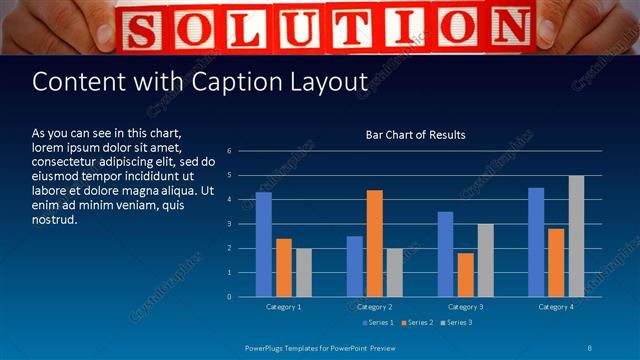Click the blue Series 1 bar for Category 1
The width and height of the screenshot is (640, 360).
tap(264, 244)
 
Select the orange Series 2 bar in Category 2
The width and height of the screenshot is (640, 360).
tap(375, 243)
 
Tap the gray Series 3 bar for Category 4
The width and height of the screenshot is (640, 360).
tap(577, 236)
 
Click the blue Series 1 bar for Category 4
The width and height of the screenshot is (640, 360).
tap(536, 242)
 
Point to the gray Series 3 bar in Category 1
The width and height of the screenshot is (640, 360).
tap(304, 272)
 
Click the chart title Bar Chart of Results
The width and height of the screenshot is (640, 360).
tap(415, 134)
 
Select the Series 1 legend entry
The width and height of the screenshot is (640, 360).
tap(379, 322)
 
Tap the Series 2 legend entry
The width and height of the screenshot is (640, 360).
tap(418, 322)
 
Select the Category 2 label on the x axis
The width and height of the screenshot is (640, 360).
tap(375, 306)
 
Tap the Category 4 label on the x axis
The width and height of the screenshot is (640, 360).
tap(556, 306)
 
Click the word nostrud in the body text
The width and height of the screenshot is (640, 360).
tap(55, 219)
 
